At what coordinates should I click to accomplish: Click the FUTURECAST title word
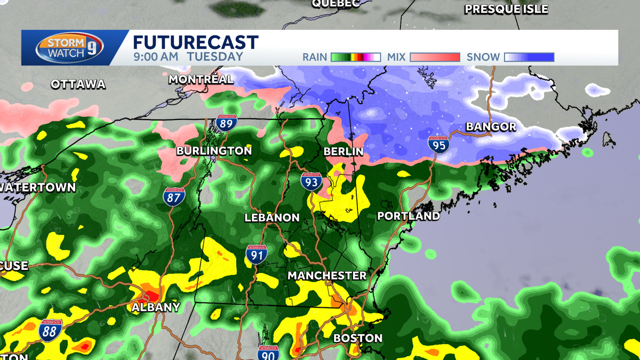(196, 43)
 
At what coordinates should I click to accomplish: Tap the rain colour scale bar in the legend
(355, 57)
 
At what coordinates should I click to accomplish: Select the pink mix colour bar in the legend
(435, 57)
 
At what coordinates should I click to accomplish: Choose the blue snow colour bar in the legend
(529, 57)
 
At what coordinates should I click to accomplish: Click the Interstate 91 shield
(257, 254)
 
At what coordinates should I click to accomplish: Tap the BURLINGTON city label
(214, 151)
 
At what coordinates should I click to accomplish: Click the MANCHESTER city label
(327, 276)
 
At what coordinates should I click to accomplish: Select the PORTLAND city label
(408, 216)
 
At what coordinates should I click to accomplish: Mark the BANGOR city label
(491, 127)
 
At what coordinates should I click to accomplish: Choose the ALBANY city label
(156, 307)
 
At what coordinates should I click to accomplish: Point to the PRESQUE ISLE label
(506, 9)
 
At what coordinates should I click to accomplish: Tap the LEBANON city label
(271, 218)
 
